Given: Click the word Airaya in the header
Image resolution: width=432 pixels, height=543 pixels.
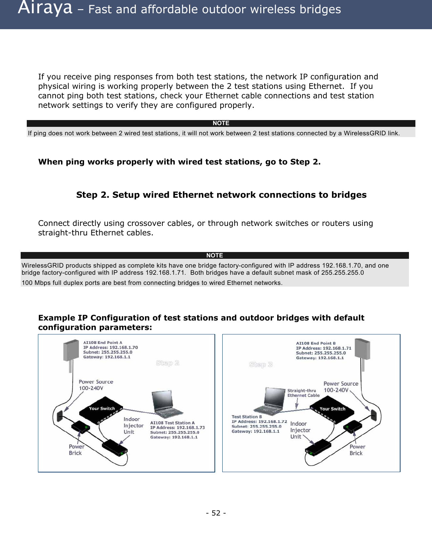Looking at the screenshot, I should point(45,8).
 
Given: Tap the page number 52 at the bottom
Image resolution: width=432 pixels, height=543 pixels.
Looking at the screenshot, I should point(216,513).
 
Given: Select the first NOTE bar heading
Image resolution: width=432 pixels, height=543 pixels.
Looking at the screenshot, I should point(221,123).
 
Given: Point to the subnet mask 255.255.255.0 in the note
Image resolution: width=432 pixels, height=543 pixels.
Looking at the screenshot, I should point(343,272).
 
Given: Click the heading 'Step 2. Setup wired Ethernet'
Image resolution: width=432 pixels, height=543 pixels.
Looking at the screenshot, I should point(221,195).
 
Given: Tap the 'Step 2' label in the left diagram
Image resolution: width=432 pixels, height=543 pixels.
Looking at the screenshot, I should point(167,363).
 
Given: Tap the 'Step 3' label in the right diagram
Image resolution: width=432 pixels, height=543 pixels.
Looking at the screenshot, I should point(261,365).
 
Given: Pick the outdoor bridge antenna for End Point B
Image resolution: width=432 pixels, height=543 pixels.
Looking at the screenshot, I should point(362,350).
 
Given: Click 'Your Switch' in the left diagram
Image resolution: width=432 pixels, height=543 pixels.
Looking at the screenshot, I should point(102,409).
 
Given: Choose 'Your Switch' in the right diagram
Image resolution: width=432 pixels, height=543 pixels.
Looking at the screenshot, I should point(332,409).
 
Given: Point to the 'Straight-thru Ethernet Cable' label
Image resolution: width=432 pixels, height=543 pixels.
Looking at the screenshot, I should point(303,393).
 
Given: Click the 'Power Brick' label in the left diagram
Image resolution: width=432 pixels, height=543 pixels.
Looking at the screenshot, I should point(76,450).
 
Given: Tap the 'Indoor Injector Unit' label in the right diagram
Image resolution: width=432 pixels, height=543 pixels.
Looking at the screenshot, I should point(300,430).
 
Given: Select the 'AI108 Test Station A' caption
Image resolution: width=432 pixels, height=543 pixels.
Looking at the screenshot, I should point(172,423).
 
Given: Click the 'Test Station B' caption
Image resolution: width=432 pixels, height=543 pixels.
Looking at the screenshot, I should point(247,417).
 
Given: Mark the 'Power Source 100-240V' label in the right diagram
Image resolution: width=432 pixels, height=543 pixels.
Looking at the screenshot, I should point(341,387).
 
